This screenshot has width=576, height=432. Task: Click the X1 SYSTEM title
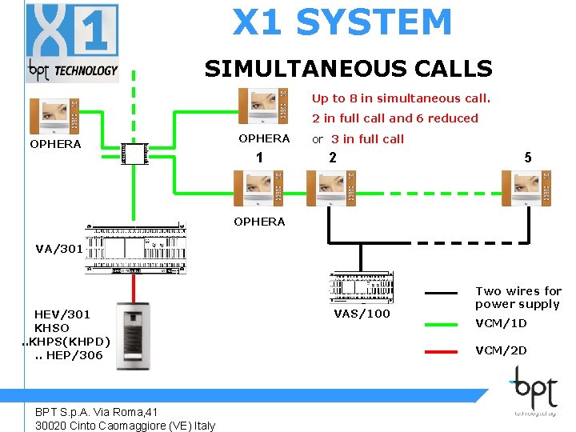pyautogui.click(x=342, y=22)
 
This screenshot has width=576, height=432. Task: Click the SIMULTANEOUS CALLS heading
pyautogui.click(x=348, y=69)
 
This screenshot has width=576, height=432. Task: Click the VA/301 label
pyautogui.click(x=59, y=249)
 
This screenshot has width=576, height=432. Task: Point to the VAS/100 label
pyautogui.click(x=362, y=314)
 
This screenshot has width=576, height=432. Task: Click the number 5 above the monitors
pyautogui.click(x=528, y=158)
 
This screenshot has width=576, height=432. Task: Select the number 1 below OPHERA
pyautogui.click(x=259, y=158)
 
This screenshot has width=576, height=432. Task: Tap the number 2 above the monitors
pyautogui.click(x=333, y=158)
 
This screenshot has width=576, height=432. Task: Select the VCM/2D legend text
pyautogui.click(x=501, y=350)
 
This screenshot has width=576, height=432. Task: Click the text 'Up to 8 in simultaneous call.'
pyautogui.click(x=400, y=98)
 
